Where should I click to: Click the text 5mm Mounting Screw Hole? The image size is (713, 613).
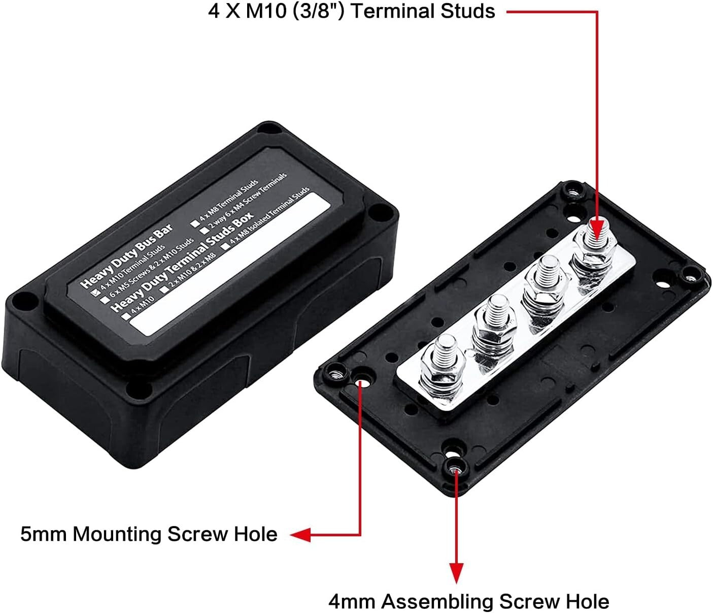tap(149, 534)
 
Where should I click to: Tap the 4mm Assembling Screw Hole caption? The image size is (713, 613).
tap(468, 601)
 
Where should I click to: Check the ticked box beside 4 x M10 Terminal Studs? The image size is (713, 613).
tap(95, 292)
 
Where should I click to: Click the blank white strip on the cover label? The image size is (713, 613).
tap(228, 264)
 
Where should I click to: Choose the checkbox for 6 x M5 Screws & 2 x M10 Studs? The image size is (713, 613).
tap(105, 300)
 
